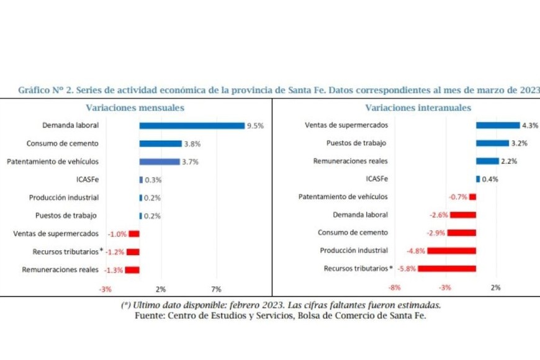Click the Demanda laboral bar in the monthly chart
point(192,125)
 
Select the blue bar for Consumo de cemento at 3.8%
point(160,143)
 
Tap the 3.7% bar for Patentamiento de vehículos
point(160,161)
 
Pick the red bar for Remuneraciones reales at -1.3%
point(132,270)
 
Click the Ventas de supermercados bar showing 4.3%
point(497,125)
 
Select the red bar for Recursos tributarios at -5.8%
point(447,269)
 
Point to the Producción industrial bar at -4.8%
point(451,251)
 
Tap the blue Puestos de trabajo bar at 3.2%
point(492,143)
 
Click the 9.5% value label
point(255,125)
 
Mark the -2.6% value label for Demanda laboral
point(438,215)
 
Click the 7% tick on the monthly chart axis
point(217,289)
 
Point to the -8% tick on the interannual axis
point(394,288)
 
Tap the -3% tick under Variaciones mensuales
point(105,289)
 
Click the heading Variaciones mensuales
point(135,107)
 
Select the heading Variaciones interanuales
point(418,107)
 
